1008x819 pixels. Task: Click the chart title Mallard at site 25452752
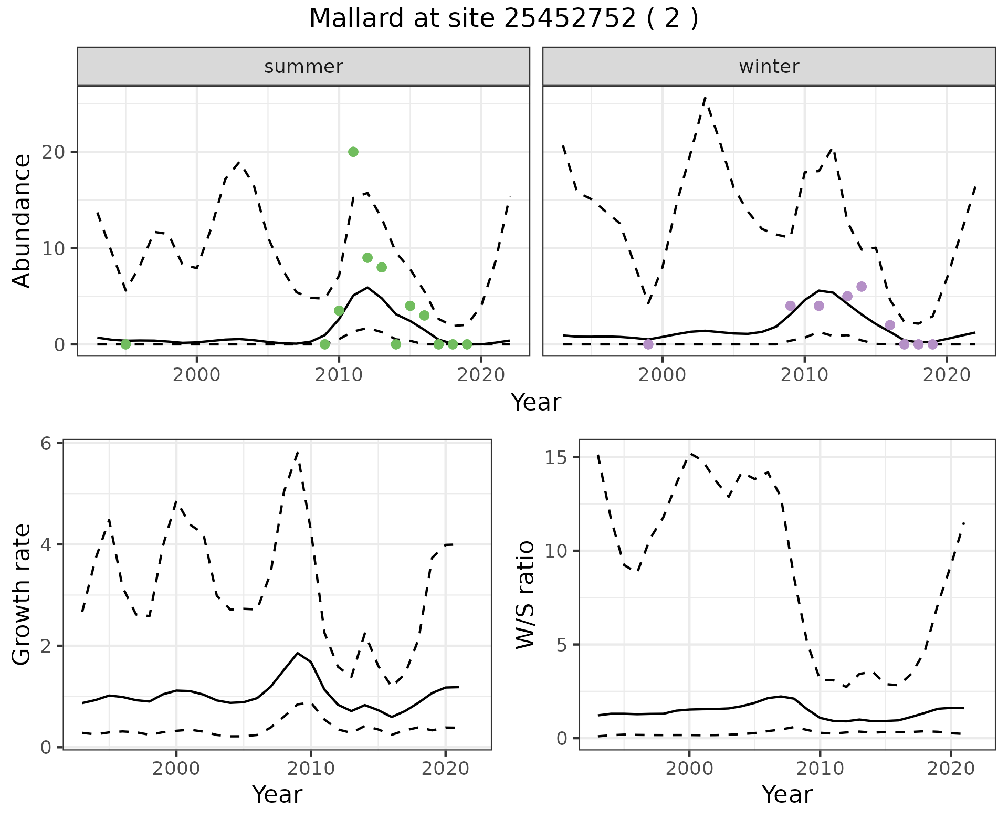click(x=503, y=19)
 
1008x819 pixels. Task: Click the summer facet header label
click(x=303, y=67)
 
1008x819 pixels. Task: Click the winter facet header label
click(x=769, y=67)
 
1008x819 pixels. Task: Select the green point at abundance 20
click(x=353, y=152)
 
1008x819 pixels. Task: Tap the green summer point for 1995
click(x=125, y=344)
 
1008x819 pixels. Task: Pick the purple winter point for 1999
click(x=648, y=344)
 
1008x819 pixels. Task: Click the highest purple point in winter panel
click(x=862, y=287)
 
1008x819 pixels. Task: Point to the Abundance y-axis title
click(x=22, y=221)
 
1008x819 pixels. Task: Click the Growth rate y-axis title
click(x=22, y=595)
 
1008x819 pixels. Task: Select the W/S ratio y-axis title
click(x=525, y=595)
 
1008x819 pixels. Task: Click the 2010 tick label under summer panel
click(x=339, y=375)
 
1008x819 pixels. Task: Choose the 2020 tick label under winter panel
click(x=947, y=375)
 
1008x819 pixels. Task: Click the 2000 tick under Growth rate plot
click(x=176, y=769)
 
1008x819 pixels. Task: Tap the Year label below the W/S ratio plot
click(x=787, y=795)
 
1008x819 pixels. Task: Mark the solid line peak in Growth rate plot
click(x=298, y=653)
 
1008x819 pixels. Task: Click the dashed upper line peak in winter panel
click(x=705, y=97)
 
